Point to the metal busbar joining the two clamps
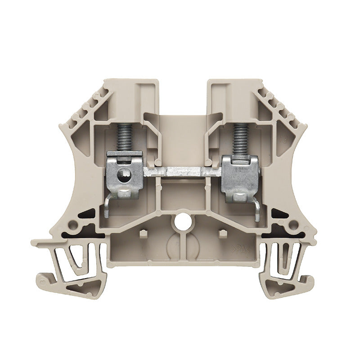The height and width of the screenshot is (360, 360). click(182, 172)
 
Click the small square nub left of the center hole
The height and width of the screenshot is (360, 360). click(144, 233)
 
